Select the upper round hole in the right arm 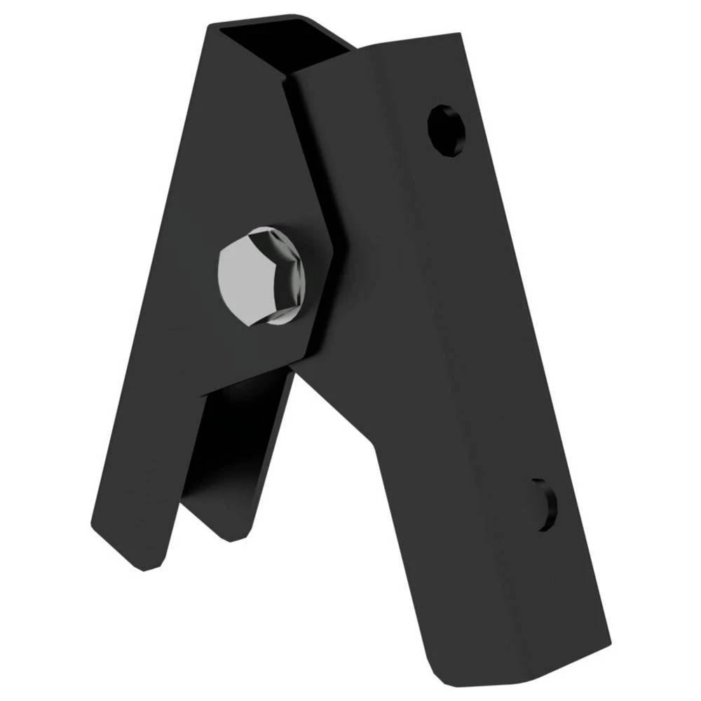(x=447, y=130)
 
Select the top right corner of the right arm (x=460, y=35)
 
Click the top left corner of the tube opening (x=210, y=27)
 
